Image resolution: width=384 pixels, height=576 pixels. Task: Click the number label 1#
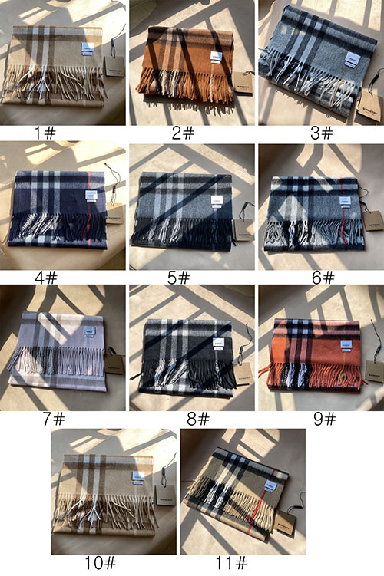(x=45, y=133)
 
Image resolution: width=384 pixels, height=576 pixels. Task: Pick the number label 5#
(x=179, y=277)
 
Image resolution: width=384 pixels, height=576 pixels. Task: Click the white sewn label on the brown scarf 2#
(x=217, y=57)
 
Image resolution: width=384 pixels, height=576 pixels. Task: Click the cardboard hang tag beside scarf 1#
(x=114, y=66)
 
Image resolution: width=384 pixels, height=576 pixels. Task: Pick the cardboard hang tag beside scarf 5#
(x=243, y=231)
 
